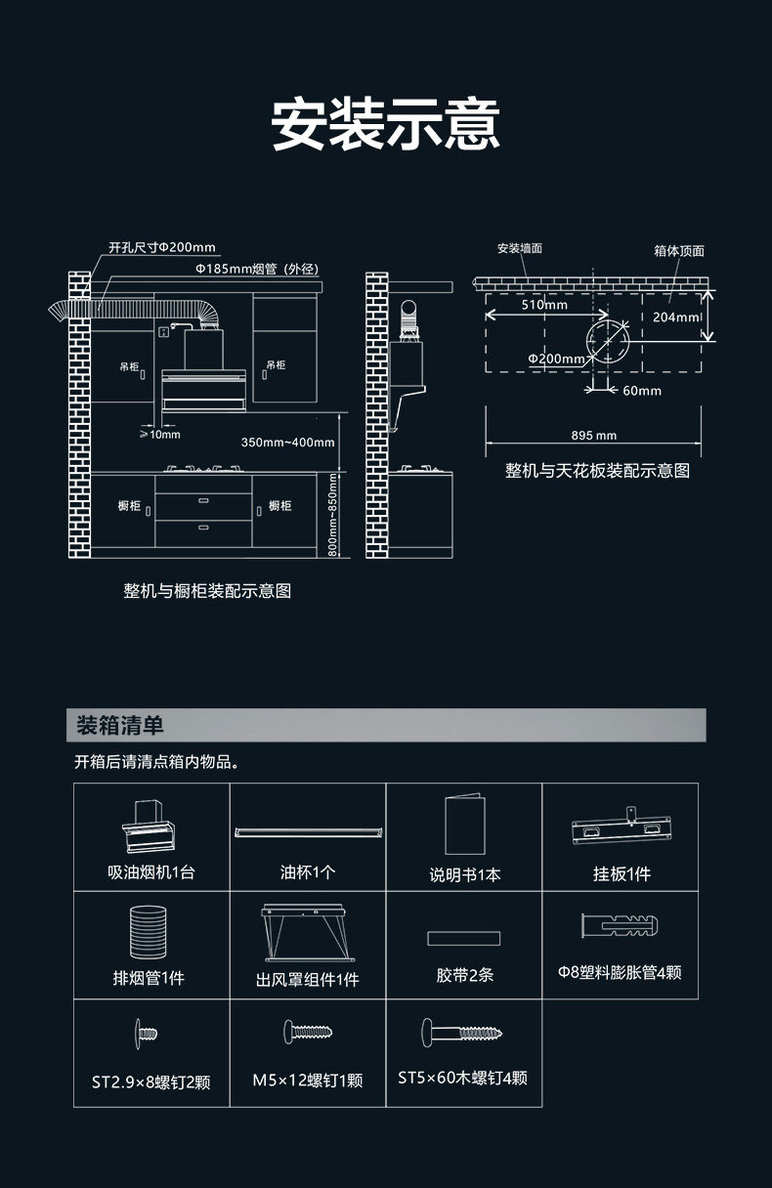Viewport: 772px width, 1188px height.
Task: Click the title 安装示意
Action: [385, 124]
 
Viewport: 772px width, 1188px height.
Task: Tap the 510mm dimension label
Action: [544, 305]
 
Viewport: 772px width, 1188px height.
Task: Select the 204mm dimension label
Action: [675, 318]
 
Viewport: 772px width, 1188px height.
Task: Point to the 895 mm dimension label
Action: [594, 436]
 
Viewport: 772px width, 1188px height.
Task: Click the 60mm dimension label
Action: [641, 391]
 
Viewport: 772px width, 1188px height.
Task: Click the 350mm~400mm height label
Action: [287, 443]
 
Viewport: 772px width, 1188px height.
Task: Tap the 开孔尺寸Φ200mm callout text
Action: [162, 247]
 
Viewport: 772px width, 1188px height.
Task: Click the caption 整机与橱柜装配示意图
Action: [207, 591]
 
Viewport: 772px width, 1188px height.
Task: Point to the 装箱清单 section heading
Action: [120, 726]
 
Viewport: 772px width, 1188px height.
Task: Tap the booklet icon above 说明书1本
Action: [464, 826]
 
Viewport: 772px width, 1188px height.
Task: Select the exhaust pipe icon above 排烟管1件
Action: [150, 933]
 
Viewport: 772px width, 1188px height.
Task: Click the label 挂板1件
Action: [622, 874]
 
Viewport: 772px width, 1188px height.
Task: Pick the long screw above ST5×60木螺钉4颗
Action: [463, 1032]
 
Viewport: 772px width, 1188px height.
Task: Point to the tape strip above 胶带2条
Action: [463, 938]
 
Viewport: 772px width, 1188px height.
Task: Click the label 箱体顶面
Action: [678, 251]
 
